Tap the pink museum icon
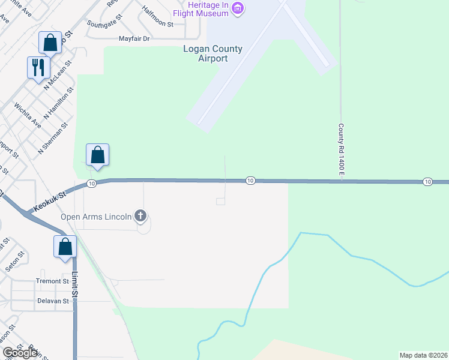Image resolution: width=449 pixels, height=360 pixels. click(x=238, y=8)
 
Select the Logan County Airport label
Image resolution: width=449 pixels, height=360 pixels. click(x=213, y=54)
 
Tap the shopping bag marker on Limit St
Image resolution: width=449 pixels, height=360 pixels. click(x=65, y=246)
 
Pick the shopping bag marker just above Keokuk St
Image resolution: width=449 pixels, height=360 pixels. click(x=97, y=155)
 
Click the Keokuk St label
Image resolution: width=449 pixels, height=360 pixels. click(x=49, y=201)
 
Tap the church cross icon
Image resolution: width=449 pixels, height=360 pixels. click(x=140, y=215)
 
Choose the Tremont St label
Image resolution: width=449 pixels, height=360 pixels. click(x=53, y=281)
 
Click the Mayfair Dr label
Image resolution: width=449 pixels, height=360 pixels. click(x=133, y=38)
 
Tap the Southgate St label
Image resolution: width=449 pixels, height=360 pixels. click(x=104, y=25)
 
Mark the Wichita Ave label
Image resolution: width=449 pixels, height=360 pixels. click(x=28, y=116)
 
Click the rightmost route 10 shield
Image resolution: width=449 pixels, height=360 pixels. click(x=427, y=181)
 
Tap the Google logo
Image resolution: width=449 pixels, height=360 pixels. click(x=20, y=353)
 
